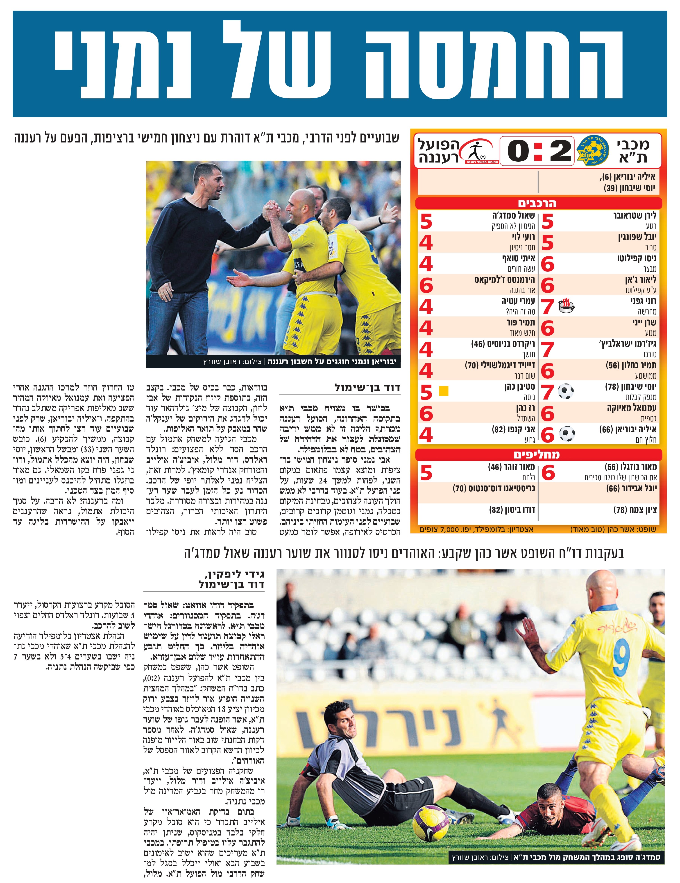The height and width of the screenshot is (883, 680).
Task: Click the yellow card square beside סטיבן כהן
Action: coord(444,391)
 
